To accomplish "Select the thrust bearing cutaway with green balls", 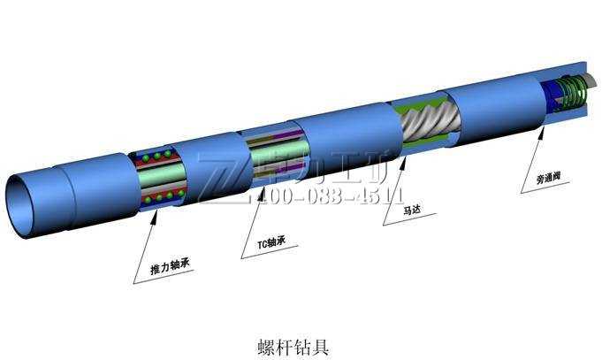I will [159, 177].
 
